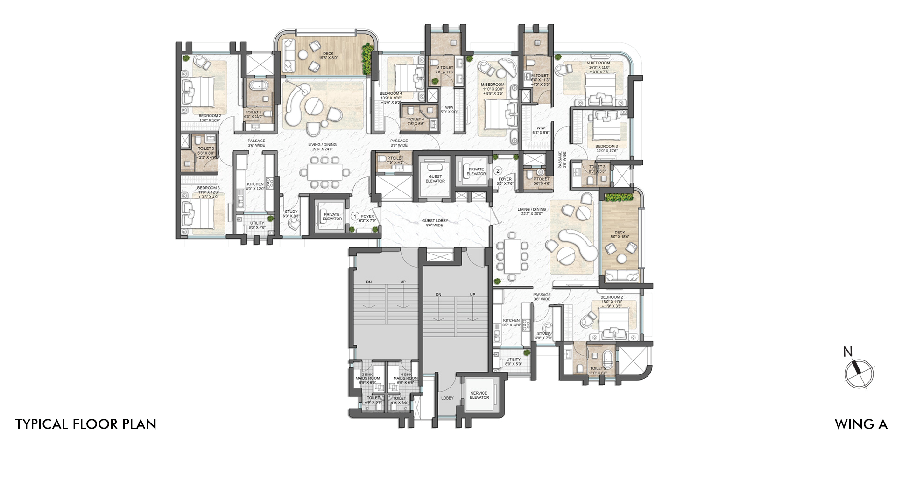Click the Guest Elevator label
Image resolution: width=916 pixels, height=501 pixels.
[435, 179]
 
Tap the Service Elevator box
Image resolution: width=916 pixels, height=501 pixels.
[479, 395]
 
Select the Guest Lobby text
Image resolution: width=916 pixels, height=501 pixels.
[435, 223]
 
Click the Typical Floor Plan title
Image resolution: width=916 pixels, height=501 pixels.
[86, 424]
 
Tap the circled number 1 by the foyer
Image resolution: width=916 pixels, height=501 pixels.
[355, 216]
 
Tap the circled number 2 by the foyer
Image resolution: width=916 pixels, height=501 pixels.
[498, 171]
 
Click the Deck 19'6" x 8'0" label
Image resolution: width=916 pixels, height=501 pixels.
[328, 56]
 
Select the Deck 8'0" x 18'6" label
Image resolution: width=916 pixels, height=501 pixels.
[620, 234]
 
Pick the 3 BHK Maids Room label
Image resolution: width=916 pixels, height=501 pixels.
[367, 378]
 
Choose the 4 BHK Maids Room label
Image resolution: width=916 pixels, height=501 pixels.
[405, 378]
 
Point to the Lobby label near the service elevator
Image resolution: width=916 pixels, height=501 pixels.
[447, 398]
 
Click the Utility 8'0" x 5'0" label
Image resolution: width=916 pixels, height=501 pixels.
[513, 361]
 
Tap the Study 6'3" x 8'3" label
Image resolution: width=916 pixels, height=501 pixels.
[291, 214]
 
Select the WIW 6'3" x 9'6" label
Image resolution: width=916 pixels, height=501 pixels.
[541, 130]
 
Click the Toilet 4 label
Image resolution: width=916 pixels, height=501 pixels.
[416, 121]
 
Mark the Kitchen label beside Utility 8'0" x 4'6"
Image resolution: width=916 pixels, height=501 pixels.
[255, 186]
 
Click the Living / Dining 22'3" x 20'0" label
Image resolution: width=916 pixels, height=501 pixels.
[531, 212]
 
